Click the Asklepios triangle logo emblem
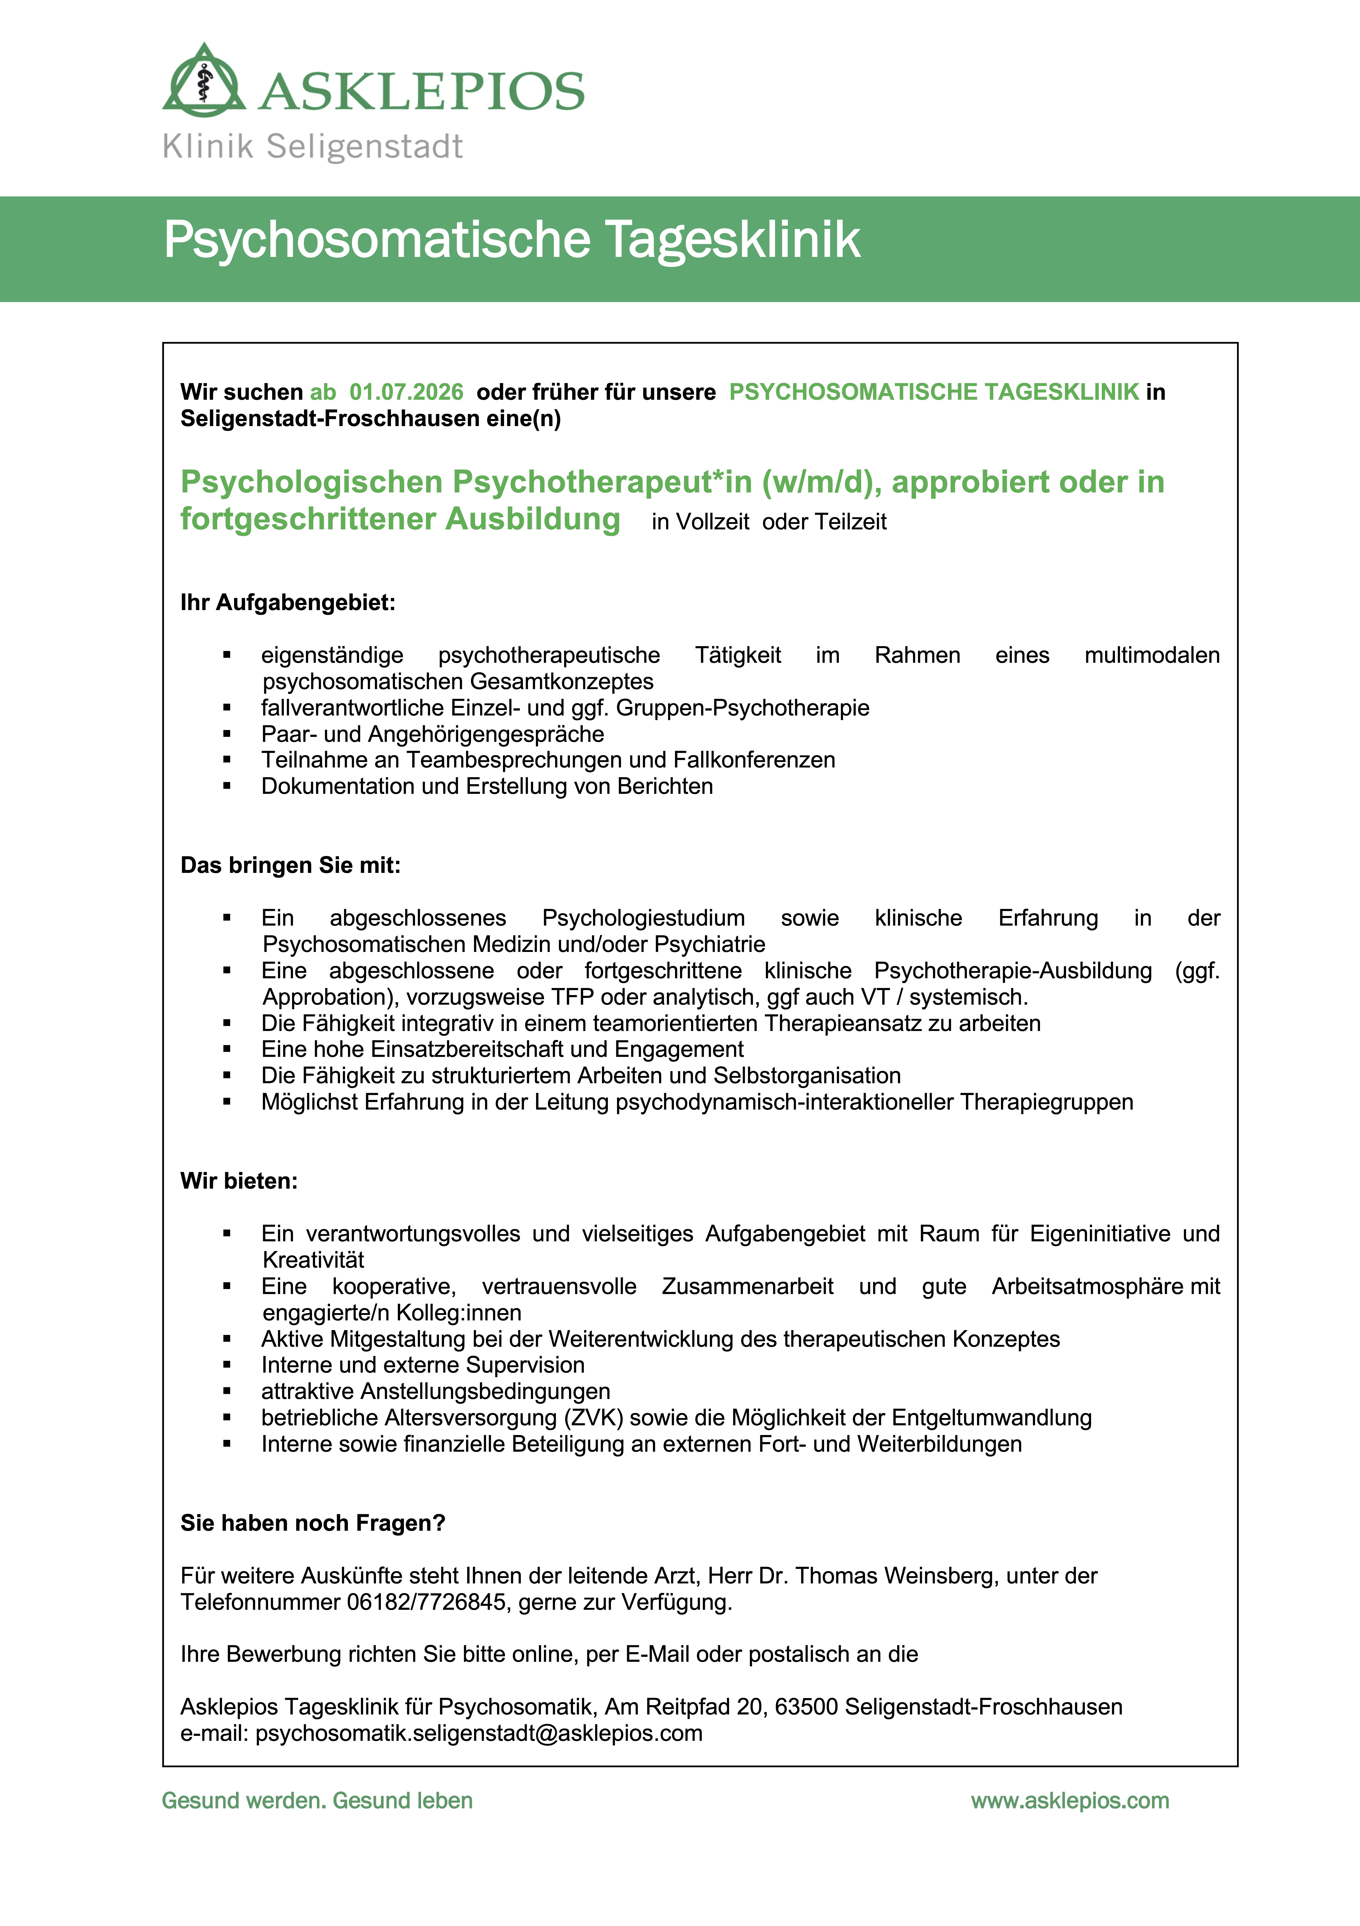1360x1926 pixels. pos(204,81)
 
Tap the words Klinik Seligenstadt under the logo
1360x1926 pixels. pos(312,147)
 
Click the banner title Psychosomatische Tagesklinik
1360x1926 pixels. pos(511,240)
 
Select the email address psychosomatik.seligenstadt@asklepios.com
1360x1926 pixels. pos(479,1733)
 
